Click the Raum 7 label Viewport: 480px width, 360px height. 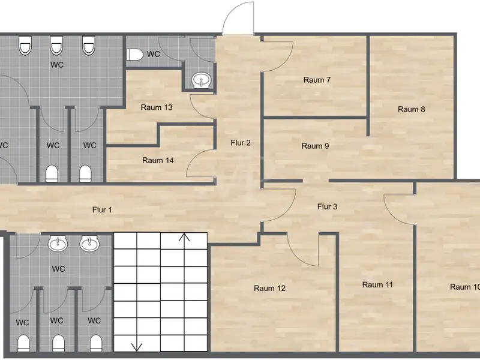(317, 80)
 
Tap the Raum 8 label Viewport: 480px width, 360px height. (411, 109)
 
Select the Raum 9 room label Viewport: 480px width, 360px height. (315, 146)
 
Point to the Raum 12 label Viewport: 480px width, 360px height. (269, 288)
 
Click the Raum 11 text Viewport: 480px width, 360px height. (377, 284)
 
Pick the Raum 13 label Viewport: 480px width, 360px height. (157, 107)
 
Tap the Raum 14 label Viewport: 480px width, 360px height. (158, 160)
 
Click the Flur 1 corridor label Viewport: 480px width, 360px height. (102, 209)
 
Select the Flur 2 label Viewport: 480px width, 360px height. (241, 143)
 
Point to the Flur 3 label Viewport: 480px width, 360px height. (327, 206)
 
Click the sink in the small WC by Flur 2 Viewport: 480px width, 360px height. (202, 80)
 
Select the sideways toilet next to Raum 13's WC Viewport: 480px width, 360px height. (134, 55)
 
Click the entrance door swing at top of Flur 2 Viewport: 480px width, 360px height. (238, 19)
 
